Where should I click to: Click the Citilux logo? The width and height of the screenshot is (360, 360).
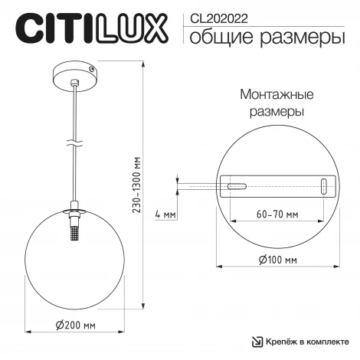[91, 28]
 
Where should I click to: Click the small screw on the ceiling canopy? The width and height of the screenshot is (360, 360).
[92, 69]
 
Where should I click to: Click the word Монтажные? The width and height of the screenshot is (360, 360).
[276, 95]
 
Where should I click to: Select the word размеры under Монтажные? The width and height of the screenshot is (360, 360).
[276, 111]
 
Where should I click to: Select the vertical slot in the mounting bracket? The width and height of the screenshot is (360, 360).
[323, 185]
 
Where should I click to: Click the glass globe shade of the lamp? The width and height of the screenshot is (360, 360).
[46, 260]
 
